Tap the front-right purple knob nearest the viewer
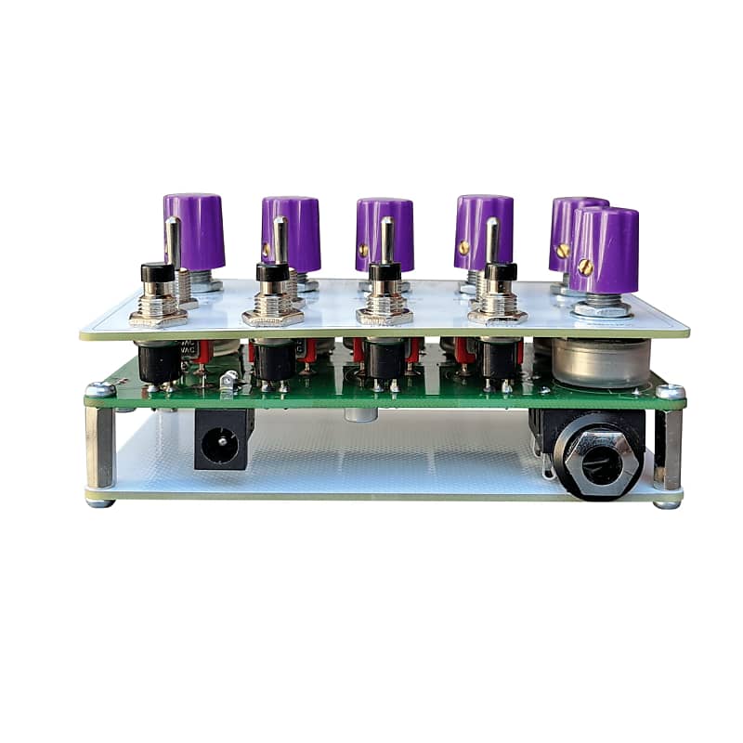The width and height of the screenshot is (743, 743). [605, 249]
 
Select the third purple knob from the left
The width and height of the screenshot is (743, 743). [384, 232]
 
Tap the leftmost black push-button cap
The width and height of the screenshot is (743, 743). [158, 272]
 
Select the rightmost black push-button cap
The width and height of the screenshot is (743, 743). [500, 272]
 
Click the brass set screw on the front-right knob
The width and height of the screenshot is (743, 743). [585, 266]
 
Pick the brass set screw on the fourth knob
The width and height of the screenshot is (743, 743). [463, 248]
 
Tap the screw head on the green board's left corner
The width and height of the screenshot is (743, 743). [100, 391]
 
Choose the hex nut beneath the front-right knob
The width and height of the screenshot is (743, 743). [604, 307]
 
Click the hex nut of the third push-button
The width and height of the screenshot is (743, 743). [385, 317]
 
